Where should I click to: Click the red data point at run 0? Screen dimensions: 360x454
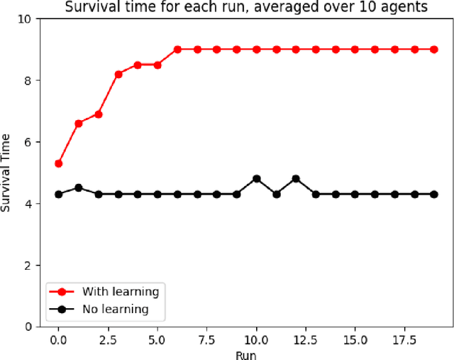pyautogui.click(x=59, y=163)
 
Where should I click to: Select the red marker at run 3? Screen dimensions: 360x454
pyautogui.click(x=118, y=74)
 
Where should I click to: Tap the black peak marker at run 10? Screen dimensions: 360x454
pyautogui.click(x=257, y=179)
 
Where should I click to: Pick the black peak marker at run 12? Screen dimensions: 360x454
pyautogui.click(x=296, y=179)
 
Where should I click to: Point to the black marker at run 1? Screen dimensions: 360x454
pyautogui.click(x=79, y=187)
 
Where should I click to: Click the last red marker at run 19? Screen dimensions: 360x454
pyautogui.click(x=434, y=49)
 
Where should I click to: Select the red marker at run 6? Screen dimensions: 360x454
pyautogui.click(x=177, y=49)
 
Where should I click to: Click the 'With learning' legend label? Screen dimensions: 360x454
pyautogui.click(x=120, y=291)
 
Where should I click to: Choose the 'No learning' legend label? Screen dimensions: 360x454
pyautogui.click(x=115, y=309)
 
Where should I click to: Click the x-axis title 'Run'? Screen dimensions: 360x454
pyautogui.click(x=246, y=353)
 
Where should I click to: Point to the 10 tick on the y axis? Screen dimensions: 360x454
pyautogui.click(x=31, y=19)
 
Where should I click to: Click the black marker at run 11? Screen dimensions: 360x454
pyautogui.click(x=277, y=194)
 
